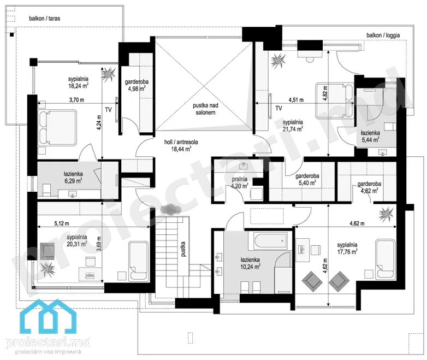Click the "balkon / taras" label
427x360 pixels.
tap(45, 18)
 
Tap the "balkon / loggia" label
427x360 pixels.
tap(383, 35)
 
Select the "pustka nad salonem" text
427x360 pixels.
tap(206, 109)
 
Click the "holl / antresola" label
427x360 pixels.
tap(181, 142)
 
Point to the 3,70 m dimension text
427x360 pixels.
tap(76, 100)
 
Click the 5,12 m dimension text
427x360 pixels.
tap(62, 223)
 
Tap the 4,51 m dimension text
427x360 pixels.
tap(296, 100)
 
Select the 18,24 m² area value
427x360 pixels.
tap(78, 86)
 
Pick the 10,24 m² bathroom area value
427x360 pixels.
tap(250, 267)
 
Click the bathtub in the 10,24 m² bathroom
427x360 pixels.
tap(270, 240)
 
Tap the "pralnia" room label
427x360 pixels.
tap(240, 179)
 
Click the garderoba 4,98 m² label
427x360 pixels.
tap(137, 85)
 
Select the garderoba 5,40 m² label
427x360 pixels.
tap(307, 179)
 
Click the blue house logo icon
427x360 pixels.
tap(49, 316)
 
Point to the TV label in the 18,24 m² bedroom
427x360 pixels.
tap(108, 110)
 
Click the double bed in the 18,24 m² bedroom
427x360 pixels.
tap(57, 127)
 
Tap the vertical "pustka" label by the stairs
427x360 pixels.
tap(183, 249)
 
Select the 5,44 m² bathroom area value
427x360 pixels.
tap(370, 140)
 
